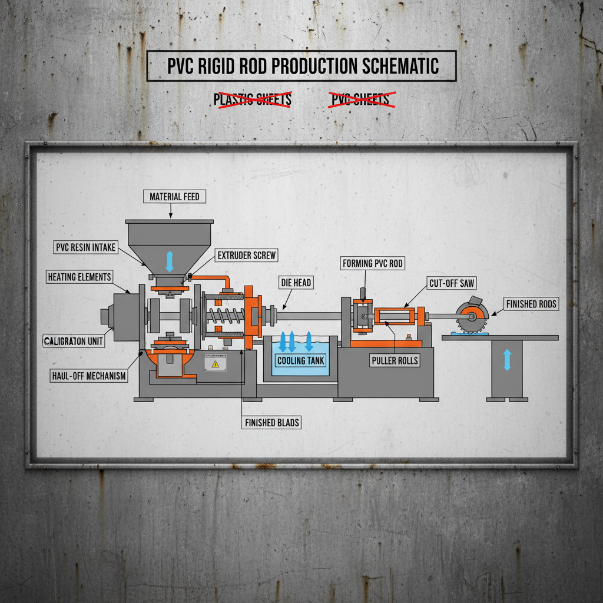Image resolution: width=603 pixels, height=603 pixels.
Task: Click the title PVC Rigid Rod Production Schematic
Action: [x=301, y=66]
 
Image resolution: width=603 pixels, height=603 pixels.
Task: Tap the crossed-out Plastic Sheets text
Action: [x=253, y=100]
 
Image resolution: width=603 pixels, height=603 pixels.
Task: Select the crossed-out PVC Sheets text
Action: [x=362, y=100]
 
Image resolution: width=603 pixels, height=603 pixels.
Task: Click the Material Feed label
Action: [x=174, y=197]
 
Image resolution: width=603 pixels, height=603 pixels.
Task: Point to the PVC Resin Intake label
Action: [x=86, y=247]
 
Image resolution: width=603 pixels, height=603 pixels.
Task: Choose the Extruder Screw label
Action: [x=247, y=256]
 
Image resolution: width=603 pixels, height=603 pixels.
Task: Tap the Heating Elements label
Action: [x=79, y=277]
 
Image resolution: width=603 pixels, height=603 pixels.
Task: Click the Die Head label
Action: [x=295, y=283]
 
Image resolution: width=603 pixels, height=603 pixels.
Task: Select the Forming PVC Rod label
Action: [x=373, y=263]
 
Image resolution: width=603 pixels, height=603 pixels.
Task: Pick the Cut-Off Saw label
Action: [x=452, y=284]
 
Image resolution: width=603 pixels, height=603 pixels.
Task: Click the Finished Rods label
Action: [x=531, y=304]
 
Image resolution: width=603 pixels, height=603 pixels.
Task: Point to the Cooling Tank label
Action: [x=300, y=360]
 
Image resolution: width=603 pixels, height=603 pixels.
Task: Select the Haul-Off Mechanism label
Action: [x=89, y=376]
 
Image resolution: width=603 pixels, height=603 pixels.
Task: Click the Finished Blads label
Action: [x=271, y=422]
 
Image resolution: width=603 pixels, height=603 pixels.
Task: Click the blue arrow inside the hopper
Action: [x=170, y=261]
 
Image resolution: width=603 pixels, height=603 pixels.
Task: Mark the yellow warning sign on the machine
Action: [x=215, y=365]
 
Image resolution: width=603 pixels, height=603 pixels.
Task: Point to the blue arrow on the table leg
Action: [x=506, y=360]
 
